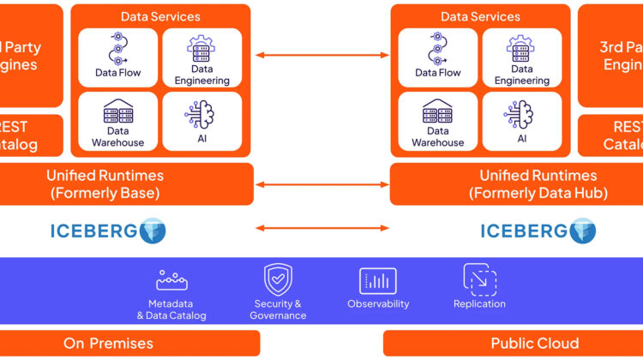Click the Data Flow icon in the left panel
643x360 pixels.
118,47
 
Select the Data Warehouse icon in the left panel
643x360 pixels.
118,112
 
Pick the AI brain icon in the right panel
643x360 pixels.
520,114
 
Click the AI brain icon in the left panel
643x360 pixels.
201,114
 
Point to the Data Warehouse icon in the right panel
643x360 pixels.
437,112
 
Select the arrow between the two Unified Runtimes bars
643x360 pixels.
321,183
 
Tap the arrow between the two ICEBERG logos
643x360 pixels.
321,229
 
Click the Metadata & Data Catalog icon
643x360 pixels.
171,280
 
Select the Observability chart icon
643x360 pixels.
378,280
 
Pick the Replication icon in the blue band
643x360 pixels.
479,279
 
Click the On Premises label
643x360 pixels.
108,344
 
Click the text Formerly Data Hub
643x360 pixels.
538,193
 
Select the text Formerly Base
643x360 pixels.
105,193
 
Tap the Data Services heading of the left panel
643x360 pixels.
160,16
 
